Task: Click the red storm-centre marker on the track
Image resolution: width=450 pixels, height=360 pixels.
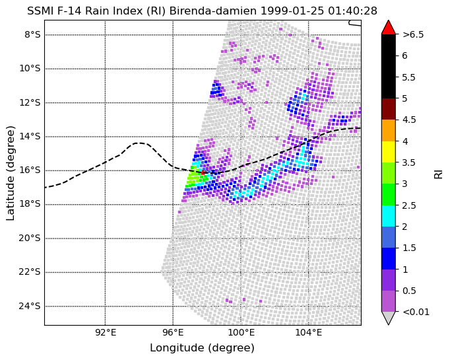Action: pyautogui.click(x=203, y=172)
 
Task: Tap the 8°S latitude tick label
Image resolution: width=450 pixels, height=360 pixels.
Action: pyautogui.click(x=32, y=35)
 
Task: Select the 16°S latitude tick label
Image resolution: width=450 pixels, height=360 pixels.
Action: pyautogui.click(x=30, y=170)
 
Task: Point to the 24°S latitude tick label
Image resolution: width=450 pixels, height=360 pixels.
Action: pyautogui.click(x=30, y=306)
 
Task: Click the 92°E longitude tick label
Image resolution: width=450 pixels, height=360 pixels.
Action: pyautogui.click(x=106, y=333)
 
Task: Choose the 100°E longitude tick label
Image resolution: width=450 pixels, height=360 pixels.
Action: pyautogui.click(x=241, y=333)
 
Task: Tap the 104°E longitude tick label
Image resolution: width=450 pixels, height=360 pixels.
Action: pyautogui.click(x=309, y=333)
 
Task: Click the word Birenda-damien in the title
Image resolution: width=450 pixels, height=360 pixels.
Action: pyautogui.click(x=213, y=11)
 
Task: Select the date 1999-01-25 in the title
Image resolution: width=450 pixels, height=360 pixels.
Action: pyautogui.click(x=292, y=11)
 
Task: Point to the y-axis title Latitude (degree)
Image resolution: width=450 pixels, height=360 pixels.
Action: pyautogui.click(x=10, y=173)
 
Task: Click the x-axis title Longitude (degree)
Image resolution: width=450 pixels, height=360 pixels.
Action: pyautogui.click(x=202, y=348)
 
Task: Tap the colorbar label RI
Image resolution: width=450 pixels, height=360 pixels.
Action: pyautogui.click(x=439, y=174)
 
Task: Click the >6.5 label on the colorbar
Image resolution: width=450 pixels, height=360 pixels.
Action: pyautogui.click(x=413, y=35)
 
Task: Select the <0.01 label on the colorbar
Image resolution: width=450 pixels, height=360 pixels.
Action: pyautogui.click(x=416, y=312)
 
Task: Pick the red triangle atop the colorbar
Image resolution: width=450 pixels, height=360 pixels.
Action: pyautogui.click(x=388, y=27)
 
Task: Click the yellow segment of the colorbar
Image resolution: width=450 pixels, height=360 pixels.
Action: pyautogui.click(x=388, y=152)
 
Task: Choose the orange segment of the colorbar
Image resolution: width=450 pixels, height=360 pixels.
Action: pyautogui.click(x=388, y=130)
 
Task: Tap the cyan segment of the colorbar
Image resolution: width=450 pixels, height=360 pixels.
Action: pyautogui.click(x=388, y=216)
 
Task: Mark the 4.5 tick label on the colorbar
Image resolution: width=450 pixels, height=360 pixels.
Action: pyautogui.click(x=409, y=120)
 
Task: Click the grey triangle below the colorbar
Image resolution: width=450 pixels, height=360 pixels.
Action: pyautogui.click(x=388, y=318)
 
